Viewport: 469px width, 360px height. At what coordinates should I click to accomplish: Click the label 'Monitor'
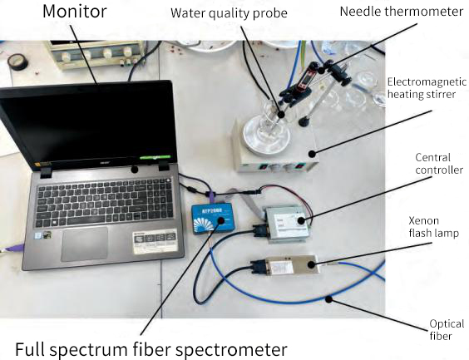pyautogui.click(x=75, y=12)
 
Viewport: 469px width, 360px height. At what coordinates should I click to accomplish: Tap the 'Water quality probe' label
pyautogui.click(x=229, y=13)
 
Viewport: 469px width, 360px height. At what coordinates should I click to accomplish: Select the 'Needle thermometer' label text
pyautogui.click(x=402, y=12)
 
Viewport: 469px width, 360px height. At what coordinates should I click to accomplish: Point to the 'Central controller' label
pyautogui.click(x=438, y=164)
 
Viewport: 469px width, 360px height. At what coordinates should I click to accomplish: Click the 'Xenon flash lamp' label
pyautogui.click(x=433, y=227)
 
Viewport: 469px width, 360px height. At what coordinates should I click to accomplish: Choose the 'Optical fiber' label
pyautogui.click(x=447, y=330)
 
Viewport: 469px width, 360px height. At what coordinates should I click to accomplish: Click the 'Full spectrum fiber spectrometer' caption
pyautogui.click(x=151, y=349)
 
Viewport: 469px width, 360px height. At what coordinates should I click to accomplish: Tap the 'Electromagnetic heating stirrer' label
pyautogui.click(x=427, y=88)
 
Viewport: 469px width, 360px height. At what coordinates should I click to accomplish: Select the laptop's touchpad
pyautogui.click(x=85, y=244)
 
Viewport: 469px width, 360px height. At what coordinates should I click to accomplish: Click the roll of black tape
pyautogui.click(x=18, y=62)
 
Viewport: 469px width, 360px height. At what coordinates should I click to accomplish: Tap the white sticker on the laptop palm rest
pyautogui.click(x=155, y=241)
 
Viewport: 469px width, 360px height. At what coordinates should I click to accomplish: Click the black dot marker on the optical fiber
pyautogui.click(x=329, y=298)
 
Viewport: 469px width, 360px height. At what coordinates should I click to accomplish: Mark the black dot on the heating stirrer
pyautogui.click(x=312, y=154)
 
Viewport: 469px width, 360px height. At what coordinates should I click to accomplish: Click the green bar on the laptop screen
pyautogui.click(x=155, y=156)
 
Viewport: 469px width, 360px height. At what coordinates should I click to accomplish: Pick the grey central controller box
pyautogui.click(x=288, y=223)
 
